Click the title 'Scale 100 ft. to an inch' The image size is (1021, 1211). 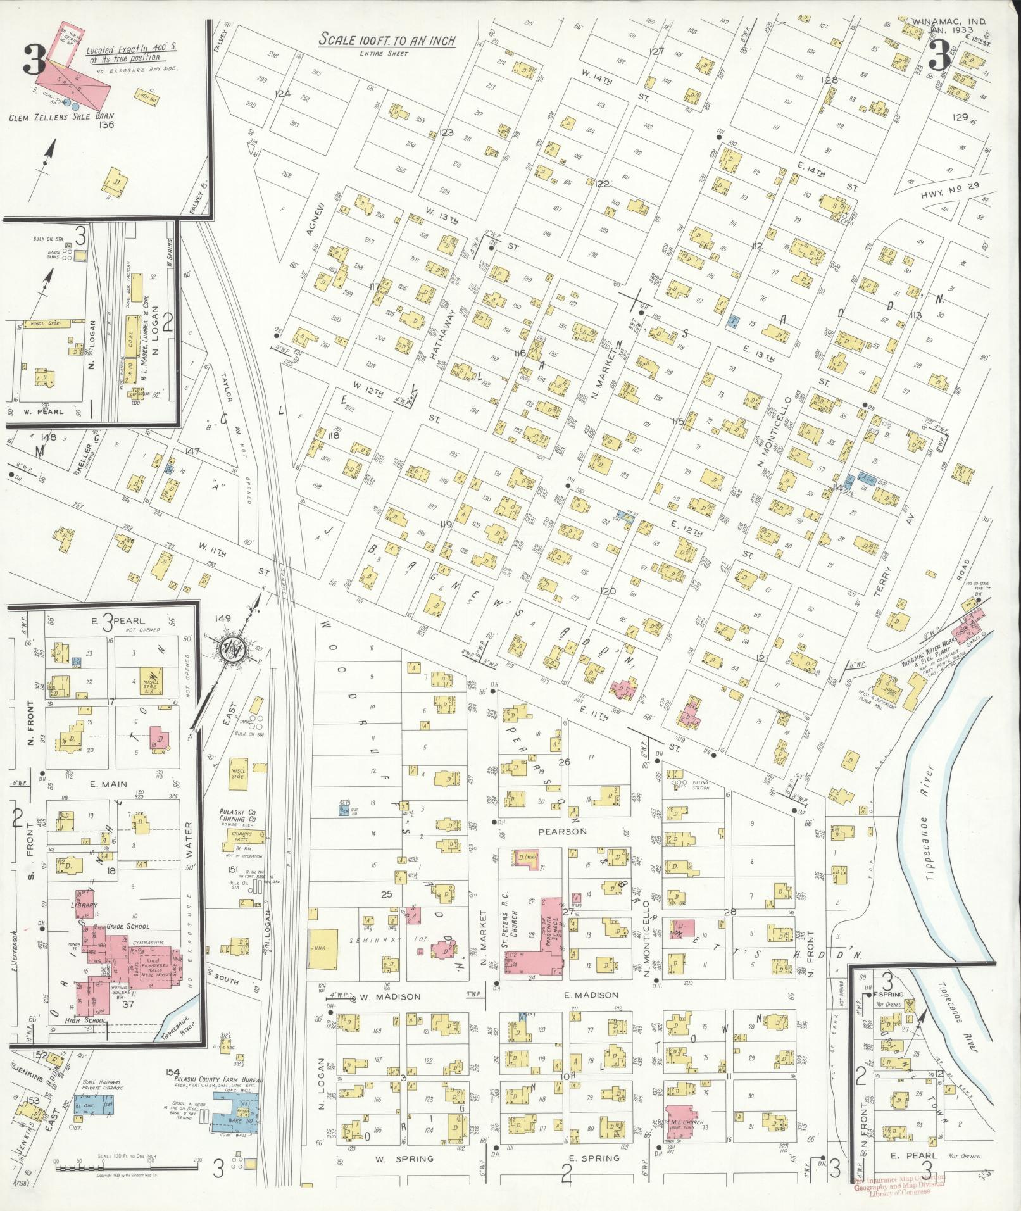point(387,40)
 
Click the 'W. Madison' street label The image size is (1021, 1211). point(390,996)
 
